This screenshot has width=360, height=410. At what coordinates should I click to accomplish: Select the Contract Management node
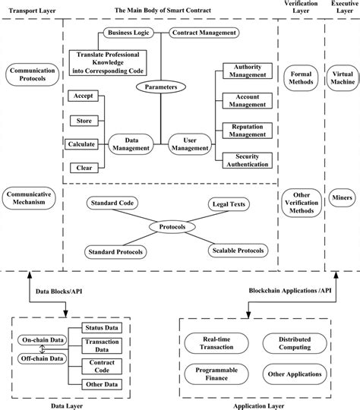click(x=204, y=33)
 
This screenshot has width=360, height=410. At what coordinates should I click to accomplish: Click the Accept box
click(x=81, y=96)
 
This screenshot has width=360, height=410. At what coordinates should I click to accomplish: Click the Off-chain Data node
click(x=42, y=358)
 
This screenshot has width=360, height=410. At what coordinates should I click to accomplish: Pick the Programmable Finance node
click(x=213, y=374)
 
